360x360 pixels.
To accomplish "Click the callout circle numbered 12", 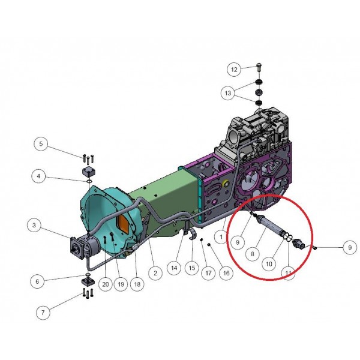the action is tap(234, 70).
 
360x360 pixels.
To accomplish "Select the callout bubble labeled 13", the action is tap(228, 93).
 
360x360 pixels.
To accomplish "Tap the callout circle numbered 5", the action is tap(41, 144).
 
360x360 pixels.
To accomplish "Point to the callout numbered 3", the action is tap(34, 225).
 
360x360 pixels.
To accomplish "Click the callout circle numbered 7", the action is tap(43, 312).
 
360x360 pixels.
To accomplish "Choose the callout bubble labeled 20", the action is tap(106, 284).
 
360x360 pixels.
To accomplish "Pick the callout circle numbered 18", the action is tap(137, 284).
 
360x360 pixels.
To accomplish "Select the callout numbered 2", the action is tap(155, 273).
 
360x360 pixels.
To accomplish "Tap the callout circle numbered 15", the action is tap(192, 268).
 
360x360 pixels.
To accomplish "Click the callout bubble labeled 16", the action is tap(226, 273).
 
